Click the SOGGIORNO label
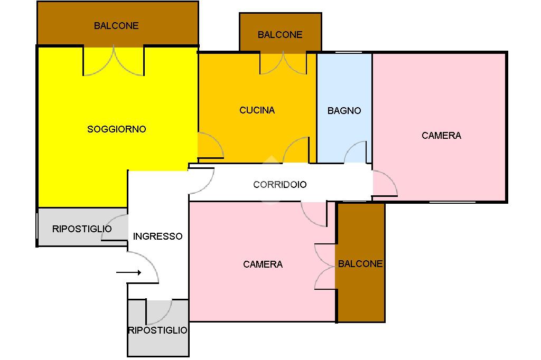pyautogui.click(x=116, y=129)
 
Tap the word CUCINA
pyautogui.click(x=257, y=110)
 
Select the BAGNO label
pyautogui.click(x=344, y=111)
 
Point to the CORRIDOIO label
pyautogui.click(x=279, y=185)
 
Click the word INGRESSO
pyautogui.click(x=157, y=236)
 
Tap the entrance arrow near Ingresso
pyautogui.click(x=128, y=272)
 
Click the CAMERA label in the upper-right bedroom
pyautogui.click(x=441, y=136)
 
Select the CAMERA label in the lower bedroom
pyautogui.click(x=263, y=264)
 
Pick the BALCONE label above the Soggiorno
pyautogui.click(x=116, y=25)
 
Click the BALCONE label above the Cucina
pyautogui.click(x=280, y=35)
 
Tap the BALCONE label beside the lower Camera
pyautogui.click(x=360, y=264)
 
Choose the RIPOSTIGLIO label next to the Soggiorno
pyautogui.click(x=82, y=229)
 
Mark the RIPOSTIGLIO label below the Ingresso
pyautogui.click(x=157, y=330)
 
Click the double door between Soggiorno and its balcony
pyautogui.click(x=114, y=61)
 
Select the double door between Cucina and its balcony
pyautogui.click(x=283, y=63)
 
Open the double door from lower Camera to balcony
pyautogui.click(x=325, y=266)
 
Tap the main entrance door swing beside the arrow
pyautogui.click(x=145, y=267)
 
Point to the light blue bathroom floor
pyautogui.click(x=344, y=84)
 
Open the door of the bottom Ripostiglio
pyautogui.click(x=159, y=312)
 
